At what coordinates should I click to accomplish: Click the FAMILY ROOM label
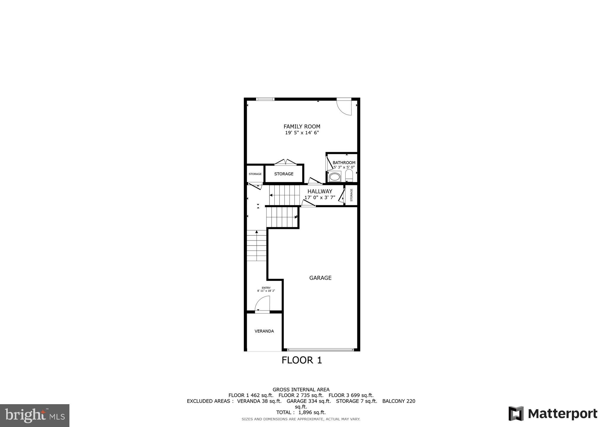pyautogui.click(x=302, y=127)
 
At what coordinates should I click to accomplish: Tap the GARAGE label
pyautogui.click(x=320, y=278)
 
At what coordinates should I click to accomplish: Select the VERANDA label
pyautogui.click(x=264, y=331)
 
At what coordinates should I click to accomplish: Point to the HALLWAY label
pyautogui.click(x=320, y=192)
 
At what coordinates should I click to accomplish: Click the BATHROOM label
pyautogui.click(x=344, y=163)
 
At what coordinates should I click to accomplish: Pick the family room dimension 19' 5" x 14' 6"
pyautogui.click(x=302, y=133)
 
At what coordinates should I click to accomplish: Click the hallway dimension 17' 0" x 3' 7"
pyautogui.click(x=320, y=197)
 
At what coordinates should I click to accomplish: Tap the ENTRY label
pyautogui.click(x=266, y=288)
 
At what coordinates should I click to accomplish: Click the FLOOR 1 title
pyautogui.click(x=301, y=360)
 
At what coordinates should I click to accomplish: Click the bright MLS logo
pyautogui.click(x=35, y=415)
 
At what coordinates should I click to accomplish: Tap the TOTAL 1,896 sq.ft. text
pyautogui.click(x=301, y=412)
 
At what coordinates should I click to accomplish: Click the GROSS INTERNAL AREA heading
pyautogui.click(x=301, y=390)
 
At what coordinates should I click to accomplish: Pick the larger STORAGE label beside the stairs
pyautogui.click(x=284, y=174)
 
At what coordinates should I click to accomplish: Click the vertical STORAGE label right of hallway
pyautogui.click(x=351, y=195)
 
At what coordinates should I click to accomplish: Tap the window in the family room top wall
pyautogui.click(x=265, y=99)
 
